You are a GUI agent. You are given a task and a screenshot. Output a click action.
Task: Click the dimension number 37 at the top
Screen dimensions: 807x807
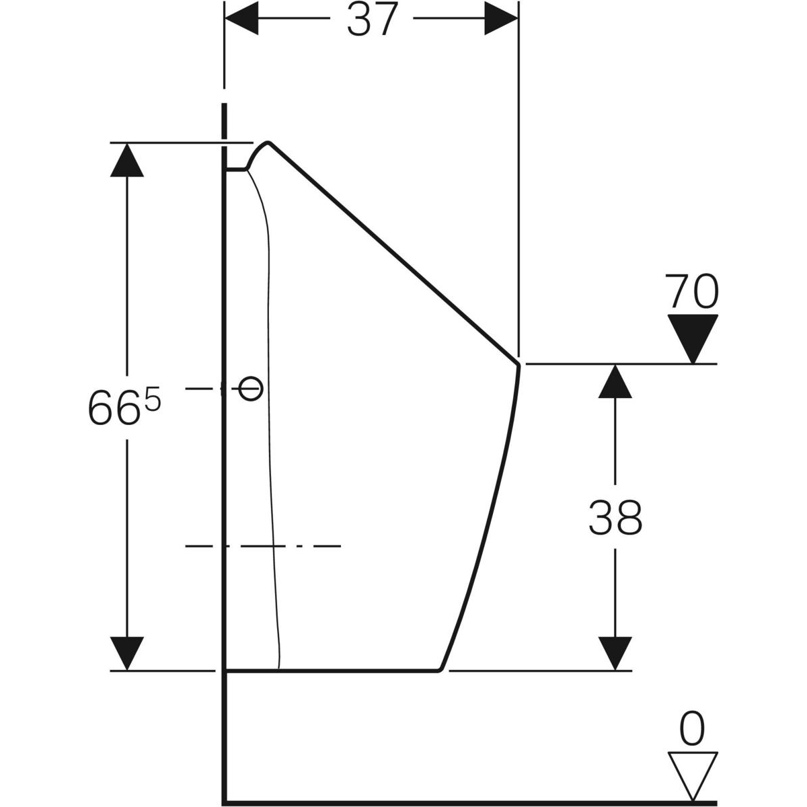373,20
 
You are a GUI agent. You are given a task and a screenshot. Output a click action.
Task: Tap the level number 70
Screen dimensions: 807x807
691,291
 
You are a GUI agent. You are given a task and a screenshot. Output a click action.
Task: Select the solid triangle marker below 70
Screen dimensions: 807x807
693,338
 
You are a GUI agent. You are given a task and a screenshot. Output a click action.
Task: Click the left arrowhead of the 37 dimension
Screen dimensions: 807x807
241,18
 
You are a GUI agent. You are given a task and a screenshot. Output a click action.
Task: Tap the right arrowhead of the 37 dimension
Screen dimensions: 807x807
501,18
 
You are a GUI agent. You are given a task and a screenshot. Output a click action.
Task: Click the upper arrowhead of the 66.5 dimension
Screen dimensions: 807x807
127,160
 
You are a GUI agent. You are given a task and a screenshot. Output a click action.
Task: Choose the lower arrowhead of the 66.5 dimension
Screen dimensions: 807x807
127,653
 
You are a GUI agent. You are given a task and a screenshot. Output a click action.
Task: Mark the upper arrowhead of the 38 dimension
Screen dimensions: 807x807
615,381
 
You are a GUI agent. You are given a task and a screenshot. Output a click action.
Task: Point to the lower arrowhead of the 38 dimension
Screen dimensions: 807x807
615,653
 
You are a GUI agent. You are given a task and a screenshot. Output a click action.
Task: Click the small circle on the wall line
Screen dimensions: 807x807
251,389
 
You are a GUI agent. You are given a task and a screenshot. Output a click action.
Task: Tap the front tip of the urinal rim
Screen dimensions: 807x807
518,365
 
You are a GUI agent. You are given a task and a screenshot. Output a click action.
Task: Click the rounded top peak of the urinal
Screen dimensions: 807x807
268,143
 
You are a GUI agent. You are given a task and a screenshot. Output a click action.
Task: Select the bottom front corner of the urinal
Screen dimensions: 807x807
439,670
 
